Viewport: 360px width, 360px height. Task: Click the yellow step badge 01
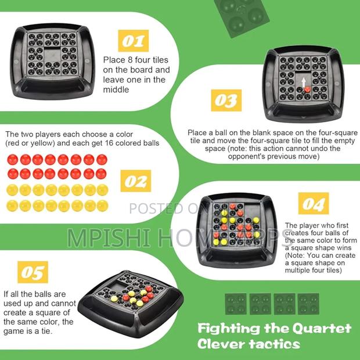[133, 41]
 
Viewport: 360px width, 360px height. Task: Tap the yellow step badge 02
[136, 181]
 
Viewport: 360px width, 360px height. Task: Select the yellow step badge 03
[226, 100]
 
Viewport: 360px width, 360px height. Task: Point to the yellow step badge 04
[314, 203]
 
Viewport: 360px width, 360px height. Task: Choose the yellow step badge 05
[33, 272]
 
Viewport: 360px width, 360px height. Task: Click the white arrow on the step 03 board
[304, 82]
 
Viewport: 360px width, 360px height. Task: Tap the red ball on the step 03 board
[307, 89]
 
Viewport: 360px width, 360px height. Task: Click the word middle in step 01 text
[116, 89]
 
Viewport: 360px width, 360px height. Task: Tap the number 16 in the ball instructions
[109, 143]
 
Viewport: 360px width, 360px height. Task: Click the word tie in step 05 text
[47, 331]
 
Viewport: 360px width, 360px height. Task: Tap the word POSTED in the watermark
[157, 208]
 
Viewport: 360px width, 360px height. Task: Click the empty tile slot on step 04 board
[251, 211]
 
